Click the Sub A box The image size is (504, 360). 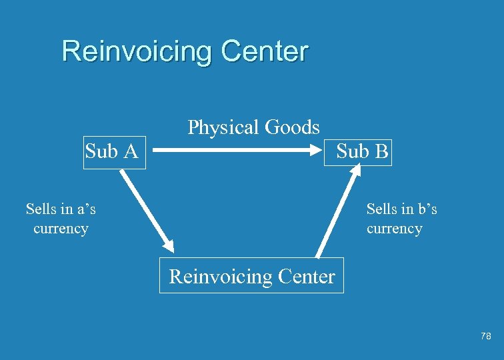[x=113, y=152]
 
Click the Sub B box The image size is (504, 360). [x=361, y=151]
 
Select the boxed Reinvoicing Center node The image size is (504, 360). [x=251, y=276]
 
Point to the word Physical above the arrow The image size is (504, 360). [x=223, y=127]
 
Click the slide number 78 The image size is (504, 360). [x=485, y=337]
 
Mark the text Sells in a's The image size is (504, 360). [x=61, y=209]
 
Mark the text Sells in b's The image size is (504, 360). [x=401, y=209]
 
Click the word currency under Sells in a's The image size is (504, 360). [x=61, y=229]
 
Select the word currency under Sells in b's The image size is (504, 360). [x=394, y=229]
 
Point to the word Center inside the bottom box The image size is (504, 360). [x=304, y=276]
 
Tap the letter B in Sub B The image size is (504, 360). [x=381, y=152]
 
